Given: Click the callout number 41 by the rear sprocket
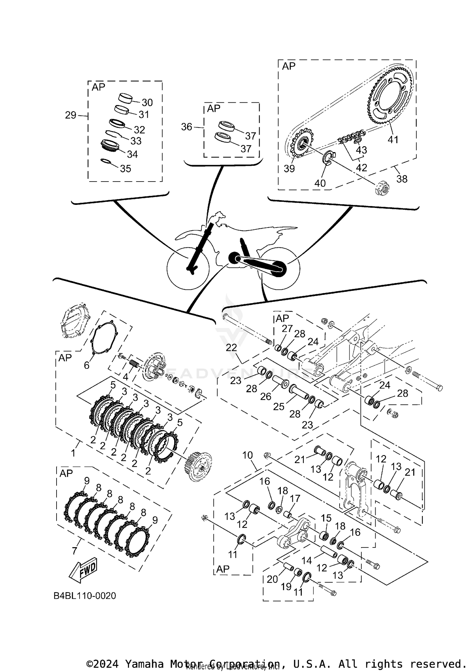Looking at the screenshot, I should tap(393, 140).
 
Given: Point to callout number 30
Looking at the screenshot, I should tap(147, 102).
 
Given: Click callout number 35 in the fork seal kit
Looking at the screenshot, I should tap(126, 169).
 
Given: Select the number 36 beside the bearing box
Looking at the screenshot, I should tap(186, 127).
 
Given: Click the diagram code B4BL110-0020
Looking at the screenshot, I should tap(85, 596).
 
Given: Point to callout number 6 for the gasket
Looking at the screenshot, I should tap(87, 365).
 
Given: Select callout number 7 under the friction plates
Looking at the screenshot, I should tap(74, 551).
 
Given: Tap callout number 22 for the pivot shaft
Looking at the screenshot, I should tap(231, 348).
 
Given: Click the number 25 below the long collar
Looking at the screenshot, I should tap(279, 407).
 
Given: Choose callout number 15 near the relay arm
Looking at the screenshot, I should tap(326, 518).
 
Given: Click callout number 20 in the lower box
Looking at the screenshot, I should tap(272, 579).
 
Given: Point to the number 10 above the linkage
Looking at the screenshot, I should tap(248, 455).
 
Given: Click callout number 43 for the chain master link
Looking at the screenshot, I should tap(361, 150).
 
